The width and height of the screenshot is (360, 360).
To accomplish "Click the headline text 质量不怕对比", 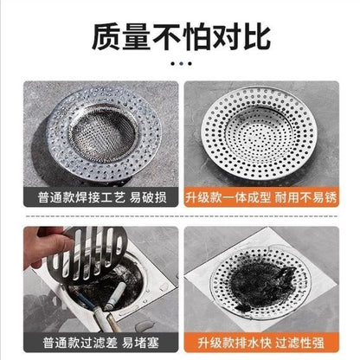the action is tap(181, 37).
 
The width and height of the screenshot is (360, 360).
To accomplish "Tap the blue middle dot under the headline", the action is tap(181, 63).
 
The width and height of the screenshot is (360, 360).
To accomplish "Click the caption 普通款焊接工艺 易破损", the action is tap(102, 197).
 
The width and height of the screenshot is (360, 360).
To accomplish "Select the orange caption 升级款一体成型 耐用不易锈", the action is tap(261, 197).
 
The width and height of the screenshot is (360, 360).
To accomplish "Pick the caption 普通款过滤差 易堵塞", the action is tap(101, 343).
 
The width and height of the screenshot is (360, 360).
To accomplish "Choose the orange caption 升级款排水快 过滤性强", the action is tap(261, 343).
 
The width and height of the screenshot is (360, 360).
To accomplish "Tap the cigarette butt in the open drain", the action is tap(115, 296).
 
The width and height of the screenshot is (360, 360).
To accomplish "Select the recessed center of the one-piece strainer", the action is tap(259, 132).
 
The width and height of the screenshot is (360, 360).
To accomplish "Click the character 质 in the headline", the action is tap(106, 37).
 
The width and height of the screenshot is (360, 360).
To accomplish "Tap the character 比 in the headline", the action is tap(257, 37).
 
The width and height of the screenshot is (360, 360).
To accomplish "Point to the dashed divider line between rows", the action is tap(181, 215).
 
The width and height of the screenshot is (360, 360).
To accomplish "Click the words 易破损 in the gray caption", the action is tap(148, 197).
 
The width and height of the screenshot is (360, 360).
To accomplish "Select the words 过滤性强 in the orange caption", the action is tap(299, 343).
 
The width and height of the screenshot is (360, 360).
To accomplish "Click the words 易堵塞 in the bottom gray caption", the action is tap(140, 343).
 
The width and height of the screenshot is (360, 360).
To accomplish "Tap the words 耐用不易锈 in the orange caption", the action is tap(305, 197).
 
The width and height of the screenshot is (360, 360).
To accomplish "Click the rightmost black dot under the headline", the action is tap(190, 63).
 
